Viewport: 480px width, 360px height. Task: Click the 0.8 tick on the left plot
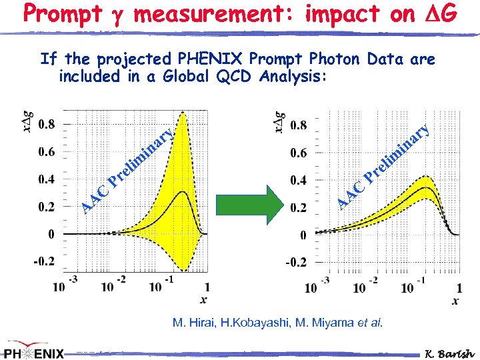click(x=46, y=124)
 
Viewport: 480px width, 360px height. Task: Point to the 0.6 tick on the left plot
click(x=46, y=151)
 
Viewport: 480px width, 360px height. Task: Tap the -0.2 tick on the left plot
click(x=45, y=261)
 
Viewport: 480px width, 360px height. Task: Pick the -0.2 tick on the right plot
click(x=296, y=262)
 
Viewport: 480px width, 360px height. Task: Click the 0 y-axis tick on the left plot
click(x=51, y=234)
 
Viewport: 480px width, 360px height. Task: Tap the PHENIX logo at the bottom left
click(x=34, y=351)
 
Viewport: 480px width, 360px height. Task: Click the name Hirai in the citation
click(x=204, y=323)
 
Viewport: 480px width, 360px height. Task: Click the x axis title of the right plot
click(x=455, y=301)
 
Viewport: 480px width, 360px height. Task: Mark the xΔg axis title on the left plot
click(x=27, y=121)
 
